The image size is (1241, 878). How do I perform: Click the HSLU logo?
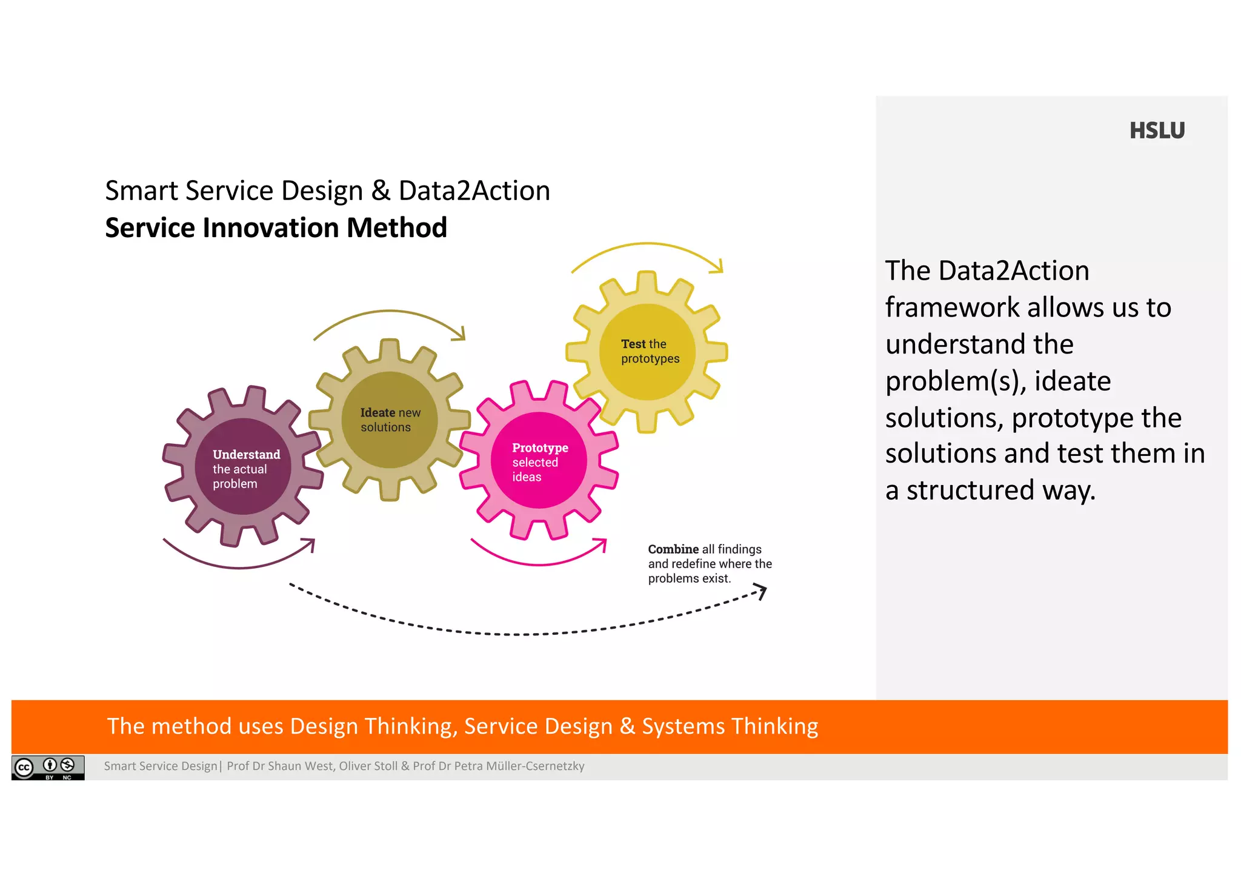(1157, 130)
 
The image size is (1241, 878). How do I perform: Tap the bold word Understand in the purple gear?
(246, 454)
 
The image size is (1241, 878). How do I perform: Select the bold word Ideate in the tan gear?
(378, 412)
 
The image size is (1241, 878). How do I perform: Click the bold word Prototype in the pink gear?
(540, 447)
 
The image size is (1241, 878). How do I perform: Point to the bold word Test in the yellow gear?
(633, 344)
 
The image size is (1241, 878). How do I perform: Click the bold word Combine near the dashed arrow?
(673, 549)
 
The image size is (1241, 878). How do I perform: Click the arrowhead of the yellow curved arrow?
(719, 267)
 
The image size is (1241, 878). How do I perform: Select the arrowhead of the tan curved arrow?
(461, 334)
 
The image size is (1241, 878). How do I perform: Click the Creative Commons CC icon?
(24, 768)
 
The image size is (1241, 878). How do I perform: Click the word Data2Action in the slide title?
(474, 190)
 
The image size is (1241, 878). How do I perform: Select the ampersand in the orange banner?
(627, 726)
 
